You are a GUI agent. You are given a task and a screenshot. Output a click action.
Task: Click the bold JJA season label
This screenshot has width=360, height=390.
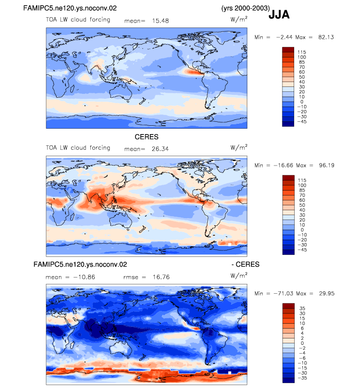click(x=279, y=14)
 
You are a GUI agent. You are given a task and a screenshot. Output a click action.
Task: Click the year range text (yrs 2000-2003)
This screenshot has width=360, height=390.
click(x=246, y=8)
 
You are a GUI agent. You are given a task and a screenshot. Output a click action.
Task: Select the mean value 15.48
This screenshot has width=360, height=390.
click(x=161, y=21)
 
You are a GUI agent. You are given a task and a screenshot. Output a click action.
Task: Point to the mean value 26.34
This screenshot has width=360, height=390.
click(x=160, y=149)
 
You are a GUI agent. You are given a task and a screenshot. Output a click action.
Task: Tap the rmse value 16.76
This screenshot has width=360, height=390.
click(x=161, y=277)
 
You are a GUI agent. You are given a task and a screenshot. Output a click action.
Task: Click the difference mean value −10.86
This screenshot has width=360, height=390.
click(x=84, y=277)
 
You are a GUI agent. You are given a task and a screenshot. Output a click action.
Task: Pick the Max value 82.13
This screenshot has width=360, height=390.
click(x=326, y=37)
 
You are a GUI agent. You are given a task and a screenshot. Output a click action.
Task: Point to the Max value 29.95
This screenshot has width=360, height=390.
click(x=327, y=293)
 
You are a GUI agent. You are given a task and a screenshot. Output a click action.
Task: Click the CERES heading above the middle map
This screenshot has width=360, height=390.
click(x=146, y=137)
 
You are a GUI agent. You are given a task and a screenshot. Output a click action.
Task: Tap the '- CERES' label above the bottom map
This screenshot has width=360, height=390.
click(x=246, y=264)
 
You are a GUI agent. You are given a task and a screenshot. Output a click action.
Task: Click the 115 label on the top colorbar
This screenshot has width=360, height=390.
click(x=302, y=52)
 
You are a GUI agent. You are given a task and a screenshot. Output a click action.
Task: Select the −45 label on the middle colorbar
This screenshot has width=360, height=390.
click(x=302, y=250)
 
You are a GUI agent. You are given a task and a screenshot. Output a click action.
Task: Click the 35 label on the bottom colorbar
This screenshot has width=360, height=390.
click(x=303, y=308)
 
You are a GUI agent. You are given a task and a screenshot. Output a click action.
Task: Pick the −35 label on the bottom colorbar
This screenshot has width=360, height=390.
click(x=303, y=378)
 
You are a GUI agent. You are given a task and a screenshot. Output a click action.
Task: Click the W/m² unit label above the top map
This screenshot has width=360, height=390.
click(x=239, y=19)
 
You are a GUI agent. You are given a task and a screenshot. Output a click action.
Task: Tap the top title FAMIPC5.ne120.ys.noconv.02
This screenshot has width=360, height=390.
click(x=70, y=8)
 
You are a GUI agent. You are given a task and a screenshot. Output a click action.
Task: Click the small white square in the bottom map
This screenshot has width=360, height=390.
click(x=229, y=373)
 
